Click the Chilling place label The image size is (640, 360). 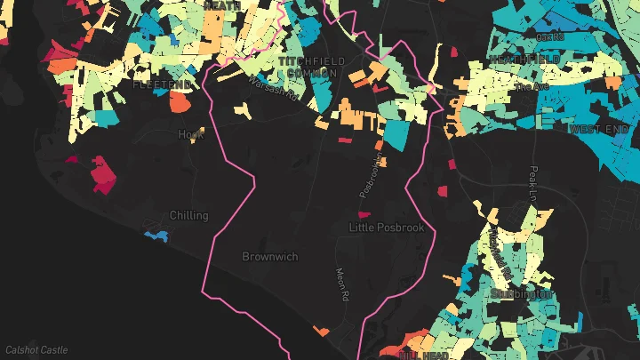tap(188, 215)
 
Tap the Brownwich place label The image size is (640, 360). tap(270, 256)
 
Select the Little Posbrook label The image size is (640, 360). tap(387, 228)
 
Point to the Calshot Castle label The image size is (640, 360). tap(36, 350)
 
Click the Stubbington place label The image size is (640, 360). tap(522, 292)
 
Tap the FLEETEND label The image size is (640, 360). tap(162, 84)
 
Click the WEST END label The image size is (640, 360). tap(599, 129)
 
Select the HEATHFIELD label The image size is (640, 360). tap(524, 59)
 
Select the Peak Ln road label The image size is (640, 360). tap(533, 185)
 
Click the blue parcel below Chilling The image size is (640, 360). tap(156, 236)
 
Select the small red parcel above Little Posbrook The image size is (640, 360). tap(363, 214)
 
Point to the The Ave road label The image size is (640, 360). tap(528, 88)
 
